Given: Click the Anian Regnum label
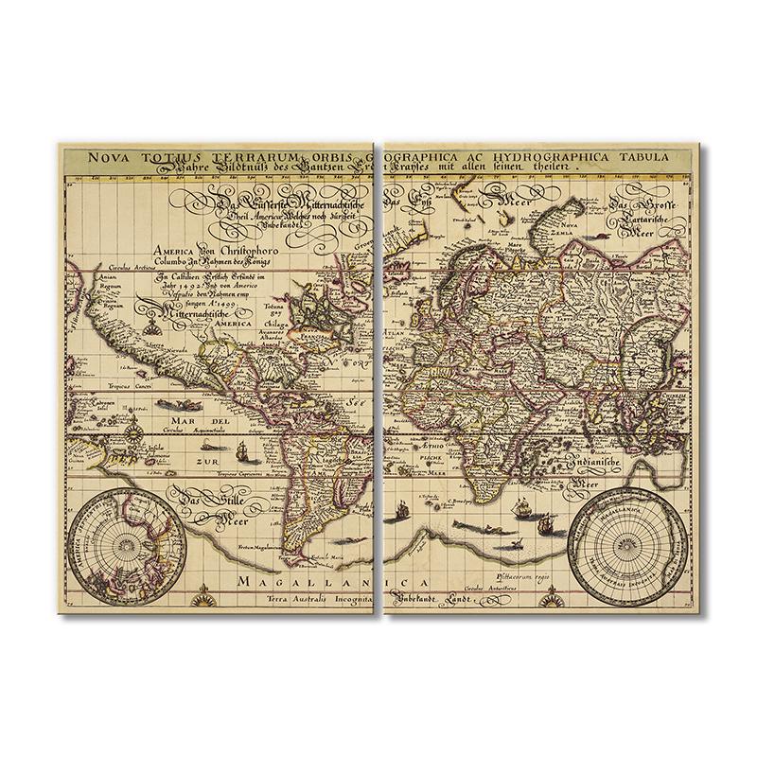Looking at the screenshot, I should click(103, 288).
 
